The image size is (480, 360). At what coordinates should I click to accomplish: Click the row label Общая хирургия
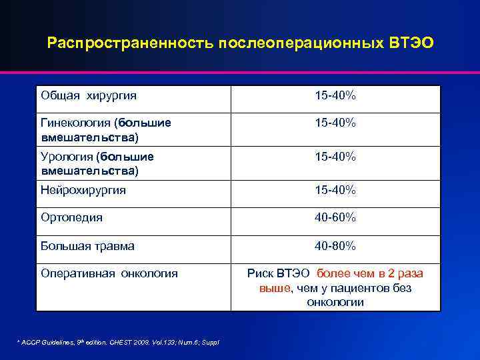click(89, 96)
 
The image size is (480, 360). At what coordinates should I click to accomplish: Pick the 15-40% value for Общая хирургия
click(335, 96)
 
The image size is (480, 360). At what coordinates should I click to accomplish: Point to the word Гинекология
click(76, 123)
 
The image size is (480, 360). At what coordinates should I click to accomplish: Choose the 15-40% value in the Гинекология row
click(335, 123)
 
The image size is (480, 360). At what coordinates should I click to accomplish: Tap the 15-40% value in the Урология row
click(335, 157)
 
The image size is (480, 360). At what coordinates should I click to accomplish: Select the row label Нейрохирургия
click(83, 190)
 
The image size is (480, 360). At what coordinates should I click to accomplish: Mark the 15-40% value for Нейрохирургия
click(335, 190)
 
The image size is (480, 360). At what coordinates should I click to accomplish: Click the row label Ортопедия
click(71, 218)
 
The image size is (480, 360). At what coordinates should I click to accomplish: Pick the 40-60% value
click(335, 218)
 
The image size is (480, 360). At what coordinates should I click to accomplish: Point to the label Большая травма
click(87, 246)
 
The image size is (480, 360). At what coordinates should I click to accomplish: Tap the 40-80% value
click(335, 246)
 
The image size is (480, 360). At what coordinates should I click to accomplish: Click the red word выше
click(274, 288)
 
